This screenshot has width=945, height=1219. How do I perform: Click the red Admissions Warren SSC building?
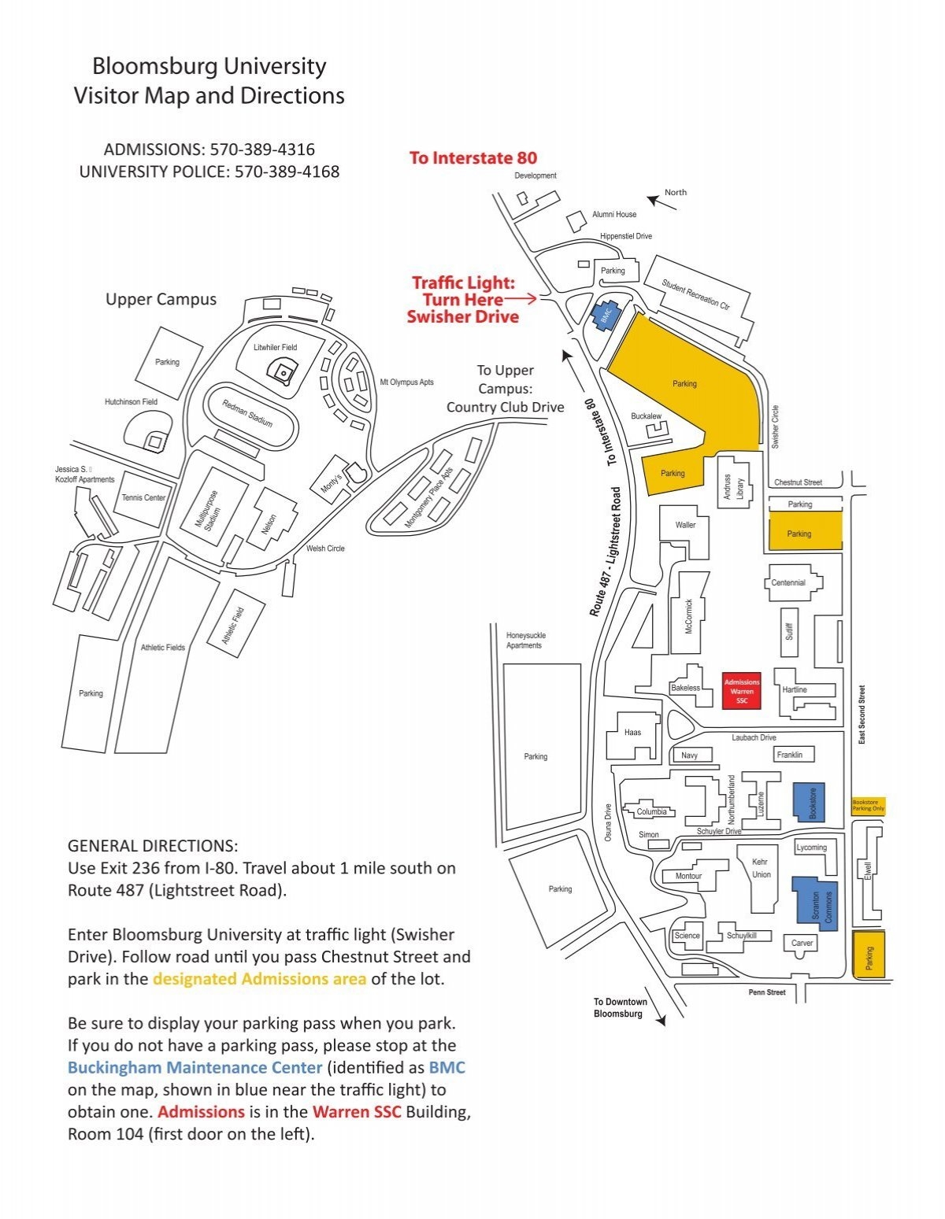point(741,690)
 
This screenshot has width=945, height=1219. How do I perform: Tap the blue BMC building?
point(606,316)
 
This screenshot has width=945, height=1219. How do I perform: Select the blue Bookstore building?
point(809,802)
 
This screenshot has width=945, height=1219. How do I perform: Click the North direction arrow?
point(661,202)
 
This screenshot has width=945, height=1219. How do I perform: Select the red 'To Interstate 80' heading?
point(472,158)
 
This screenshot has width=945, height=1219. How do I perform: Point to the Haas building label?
point(632,732)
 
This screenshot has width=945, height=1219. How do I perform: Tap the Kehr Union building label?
point(761,868)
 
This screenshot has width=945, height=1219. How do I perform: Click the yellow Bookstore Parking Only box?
point(868,805)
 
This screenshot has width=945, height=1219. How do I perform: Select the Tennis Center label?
point(143,497)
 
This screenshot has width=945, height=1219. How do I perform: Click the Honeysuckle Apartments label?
point(525,640)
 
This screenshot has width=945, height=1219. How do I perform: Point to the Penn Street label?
point(767,992)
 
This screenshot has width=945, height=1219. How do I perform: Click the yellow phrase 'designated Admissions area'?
point(259,979)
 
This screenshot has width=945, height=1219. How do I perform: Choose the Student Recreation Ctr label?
point(695,294)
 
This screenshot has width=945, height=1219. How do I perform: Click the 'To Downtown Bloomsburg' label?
point(620,1007)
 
